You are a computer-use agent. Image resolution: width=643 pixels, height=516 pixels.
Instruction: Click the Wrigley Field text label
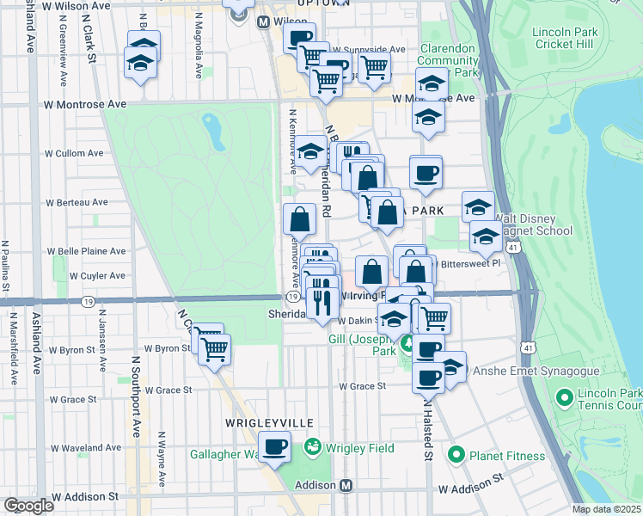[x=359, y=448]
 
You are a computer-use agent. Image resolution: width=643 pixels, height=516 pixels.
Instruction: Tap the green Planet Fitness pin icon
[x=456, y=455]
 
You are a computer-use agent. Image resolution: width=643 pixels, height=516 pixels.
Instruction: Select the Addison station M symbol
[x=346, y=485]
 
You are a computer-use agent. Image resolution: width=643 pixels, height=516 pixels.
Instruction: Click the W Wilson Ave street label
[x=80, y=5]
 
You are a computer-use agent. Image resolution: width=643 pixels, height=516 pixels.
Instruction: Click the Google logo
[x=28, y=506]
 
